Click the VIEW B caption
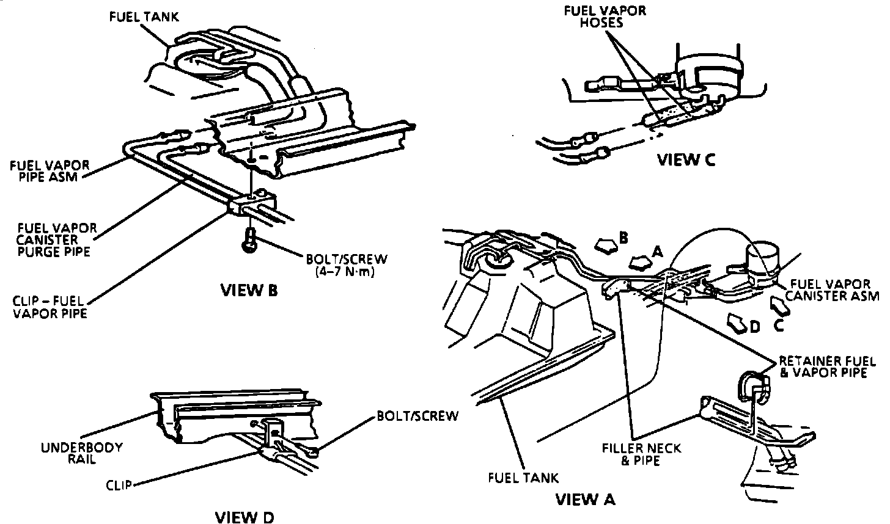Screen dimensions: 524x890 [x=249, y=289]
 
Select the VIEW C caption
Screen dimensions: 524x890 [x=686, y=159]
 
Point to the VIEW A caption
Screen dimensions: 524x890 [x=585, y=500]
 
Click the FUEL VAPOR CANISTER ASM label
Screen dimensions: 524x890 [x=831, y=291]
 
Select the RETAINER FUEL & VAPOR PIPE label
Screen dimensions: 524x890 [x=823, y=366]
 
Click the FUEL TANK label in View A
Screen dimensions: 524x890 [x=523, y=477]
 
